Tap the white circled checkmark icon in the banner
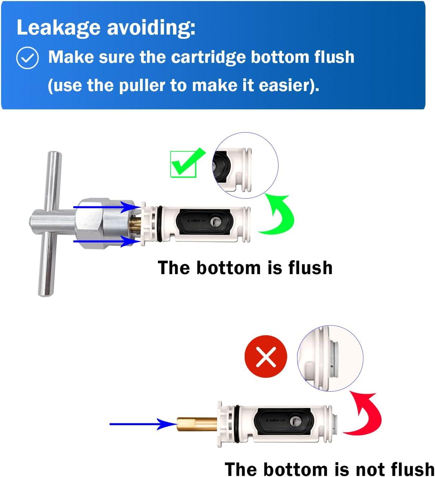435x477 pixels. click(x=27, y=58)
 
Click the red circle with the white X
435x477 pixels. click(x=266, y=356)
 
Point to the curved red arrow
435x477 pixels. click(x=365, y=415)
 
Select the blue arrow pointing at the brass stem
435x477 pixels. click(x=141, y=424)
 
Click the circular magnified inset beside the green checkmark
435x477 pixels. click(x=246, y=165)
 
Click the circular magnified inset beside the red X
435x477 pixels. click(x=330, y=358)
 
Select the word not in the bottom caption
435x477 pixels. click(x=371, y=469)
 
